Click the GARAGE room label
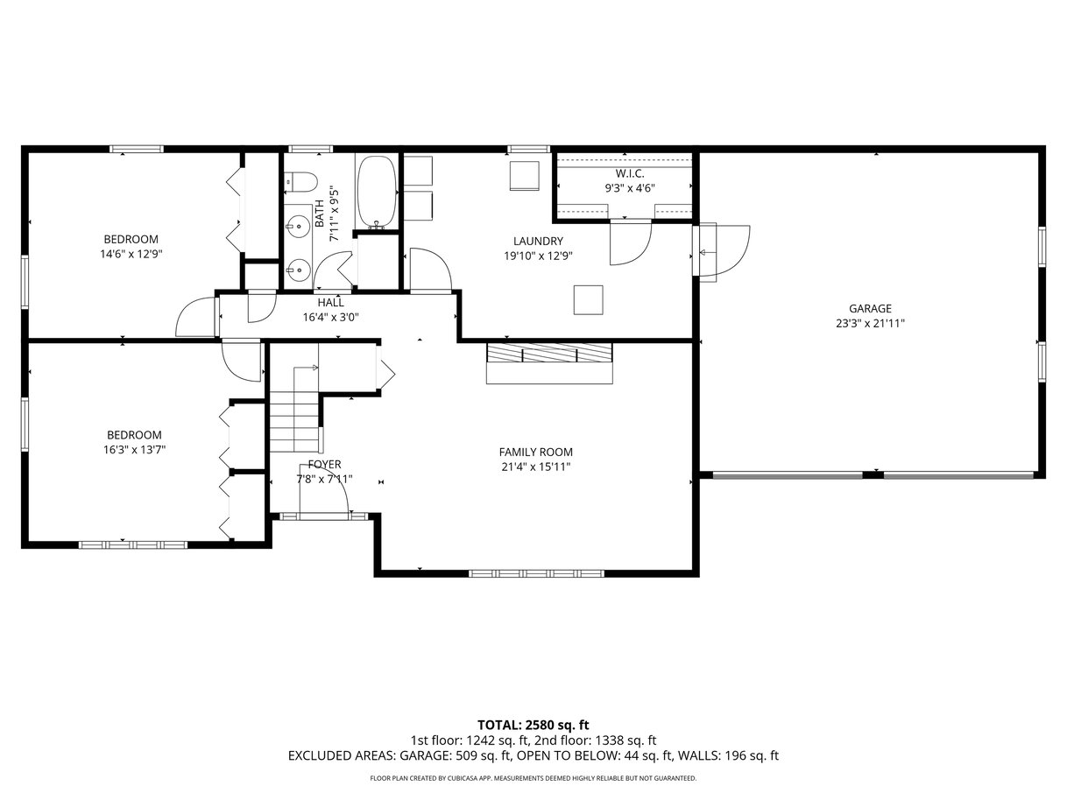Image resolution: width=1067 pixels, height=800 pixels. [870, 308]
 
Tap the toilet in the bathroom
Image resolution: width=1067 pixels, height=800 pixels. [300, 182]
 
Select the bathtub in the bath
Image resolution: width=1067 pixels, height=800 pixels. [377, 193]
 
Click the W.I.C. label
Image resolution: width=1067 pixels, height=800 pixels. [630, 173]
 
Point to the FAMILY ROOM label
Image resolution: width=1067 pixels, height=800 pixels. [535, 453]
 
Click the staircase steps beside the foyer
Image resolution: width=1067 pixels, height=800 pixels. [294, 411]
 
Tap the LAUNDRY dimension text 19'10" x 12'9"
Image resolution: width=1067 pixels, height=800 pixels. [538, 256]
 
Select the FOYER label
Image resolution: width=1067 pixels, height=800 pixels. [324, 465]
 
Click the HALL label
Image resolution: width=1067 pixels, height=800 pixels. [330, 303]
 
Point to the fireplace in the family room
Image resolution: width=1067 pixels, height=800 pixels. [549, 363]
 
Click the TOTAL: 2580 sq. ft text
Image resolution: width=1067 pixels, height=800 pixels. [533, 726]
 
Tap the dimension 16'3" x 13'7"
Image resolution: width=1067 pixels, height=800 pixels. [134, 450]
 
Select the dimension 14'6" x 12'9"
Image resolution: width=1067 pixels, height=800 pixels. [131, 254]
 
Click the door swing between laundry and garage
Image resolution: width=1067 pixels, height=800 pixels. [721, 253]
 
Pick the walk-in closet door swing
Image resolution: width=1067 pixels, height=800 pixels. [631, 242]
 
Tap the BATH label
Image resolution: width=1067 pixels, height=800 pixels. [320, 214]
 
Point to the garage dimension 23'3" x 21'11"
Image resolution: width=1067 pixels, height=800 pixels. [870, 324]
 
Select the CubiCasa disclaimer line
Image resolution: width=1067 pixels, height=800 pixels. [533, 778]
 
